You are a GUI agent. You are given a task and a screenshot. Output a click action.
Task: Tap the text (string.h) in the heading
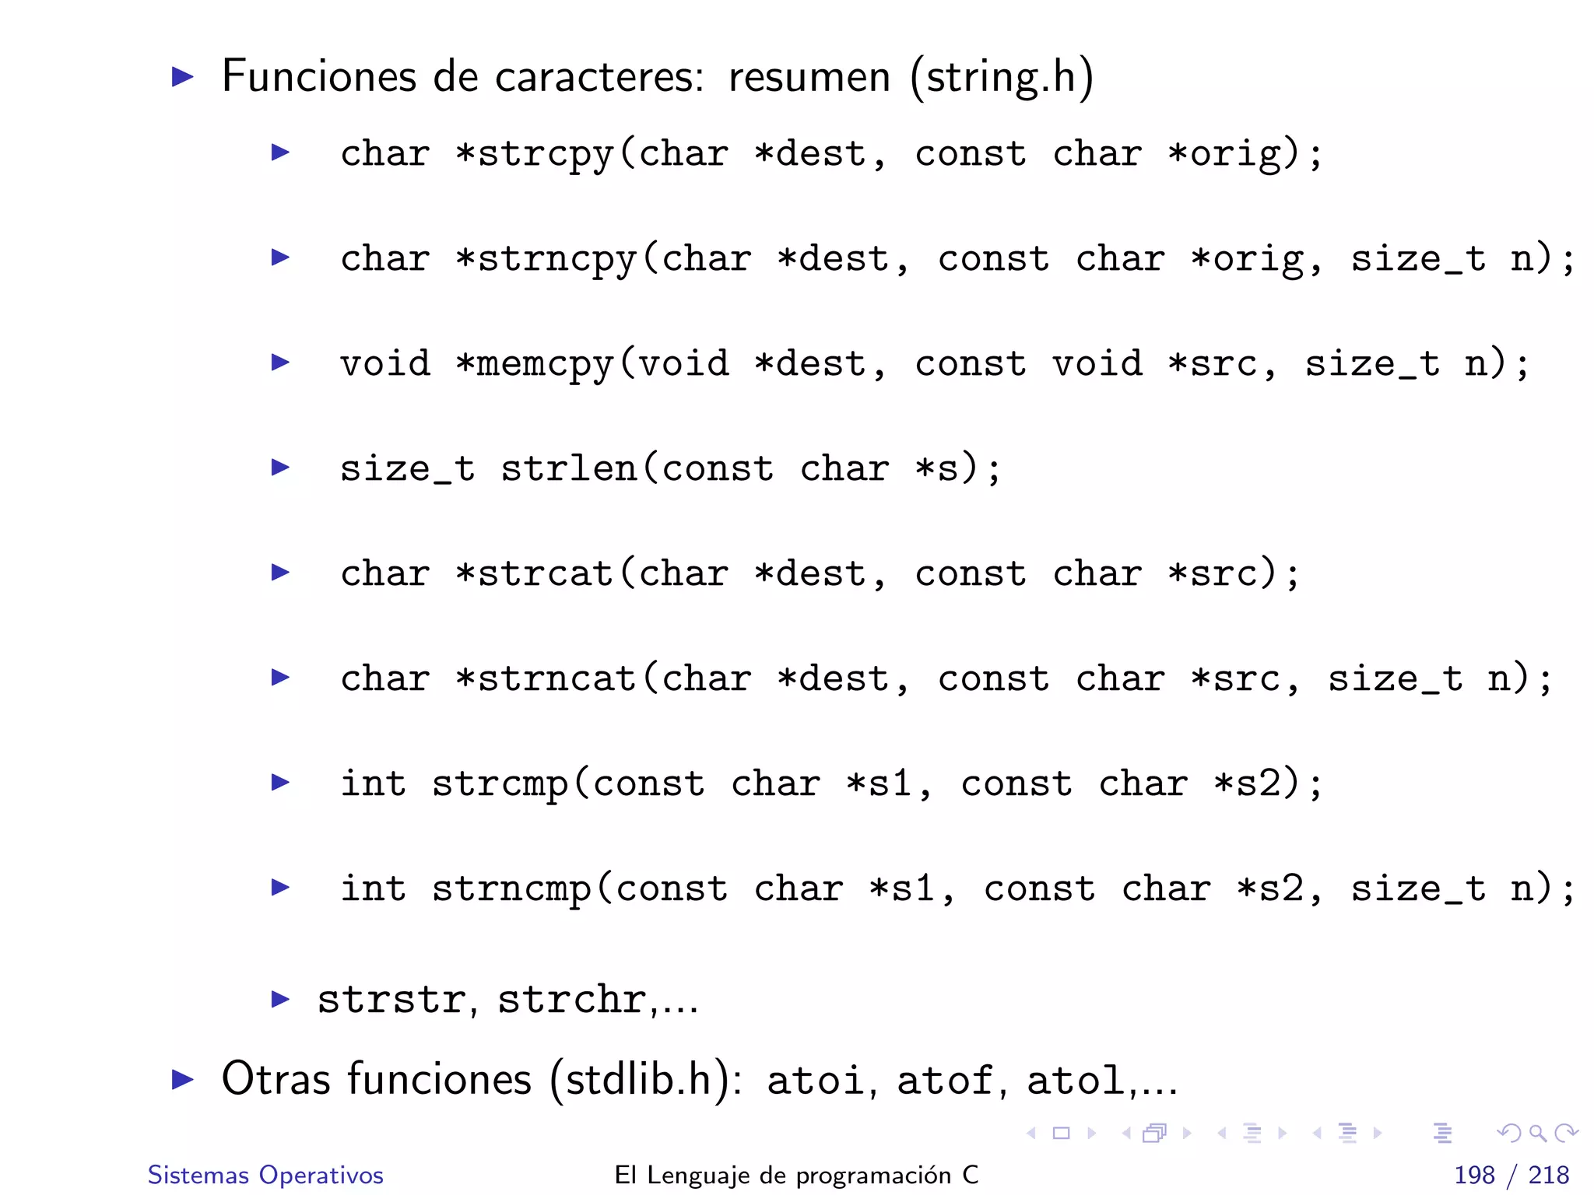coord(1002,78)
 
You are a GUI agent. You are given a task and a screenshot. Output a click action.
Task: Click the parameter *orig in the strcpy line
coord(1222,154)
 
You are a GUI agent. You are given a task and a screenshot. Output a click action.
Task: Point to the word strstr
coord(391,1000)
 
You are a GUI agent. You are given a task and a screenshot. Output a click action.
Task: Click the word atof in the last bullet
coord(944,1081)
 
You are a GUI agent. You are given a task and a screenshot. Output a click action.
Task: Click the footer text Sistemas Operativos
coord(265,1175)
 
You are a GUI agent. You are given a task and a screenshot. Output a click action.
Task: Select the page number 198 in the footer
coord(1474,1175)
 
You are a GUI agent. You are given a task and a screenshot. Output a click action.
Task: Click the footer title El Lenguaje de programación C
coord(796,1175)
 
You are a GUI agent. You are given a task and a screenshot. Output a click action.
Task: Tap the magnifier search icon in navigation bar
coord(1537,1134)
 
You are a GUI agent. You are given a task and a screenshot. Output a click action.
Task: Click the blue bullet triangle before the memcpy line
coord(280,363)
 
